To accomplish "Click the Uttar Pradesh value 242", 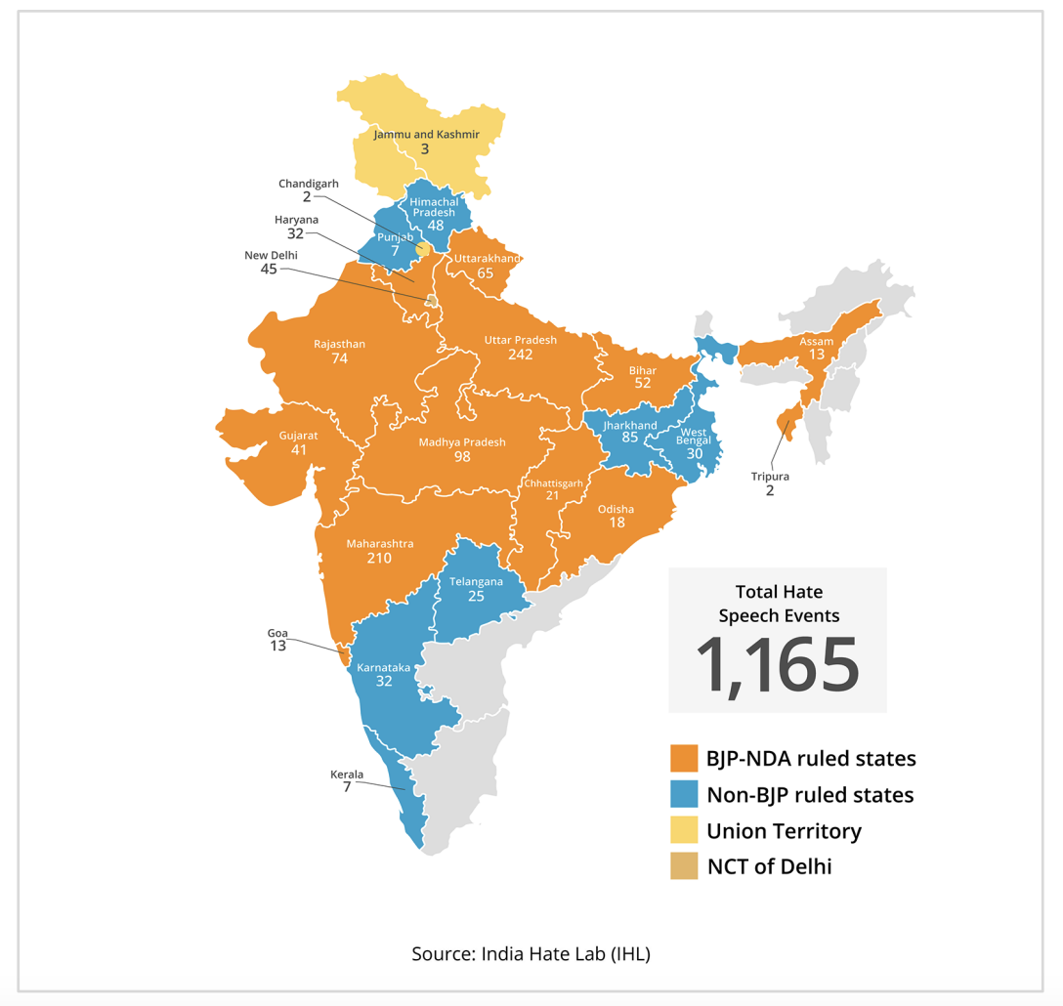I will pyautogui.click(x=520, y=356).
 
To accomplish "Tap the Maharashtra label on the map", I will pyautogui.click(x=379, y=543).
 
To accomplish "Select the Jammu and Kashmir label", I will pyautogui.click(x=426, y=134).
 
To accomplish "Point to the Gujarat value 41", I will pyautogui.click(x=298, y=450).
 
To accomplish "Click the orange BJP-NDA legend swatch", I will pyautogui.click(x=684, y=759).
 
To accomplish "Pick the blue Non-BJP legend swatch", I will pyautogui.click(x=684, y=795).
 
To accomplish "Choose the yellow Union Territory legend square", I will pyautogui.click(x=684, y=831).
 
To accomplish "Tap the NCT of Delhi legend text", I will pyautogui.click(x=769, y=866).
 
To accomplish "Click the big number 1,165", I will pyautogui.click(x=778, y=665).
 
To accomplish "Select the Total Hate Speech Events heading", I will pyautogui.click(x=779, y=604).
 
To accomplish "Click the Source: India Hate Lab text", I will pyautogui.click(x=531, y=953).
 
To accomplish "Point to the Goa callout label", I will pyautogui.click(x=277, y=633).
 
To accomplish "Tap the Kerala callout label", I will pyautogui.click(x=347, y=775).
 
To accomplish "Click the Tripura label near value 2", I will pyautogui.click(x=770, y=476).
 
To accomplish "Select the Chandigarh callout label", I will pyautogui.click(x=309, y=184).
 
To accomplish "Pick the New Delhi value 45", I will pyautogui.click(x=269, y=269).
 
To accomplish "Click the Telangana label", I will pyautogui.click(x=476, y=581).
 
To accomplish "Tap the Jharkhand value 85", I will pyautogui.click(x=630, y=439).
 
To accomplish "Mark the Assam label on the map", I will pyautogui.click(x=817, y=341).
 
